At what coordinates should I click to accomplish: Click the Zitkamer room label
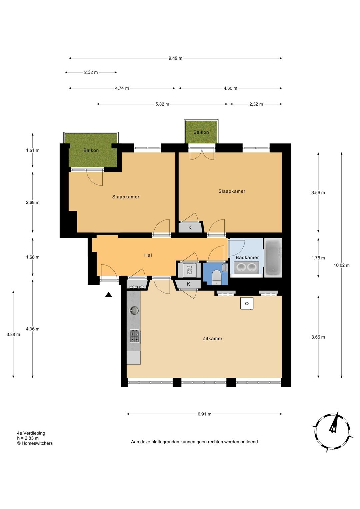[x=212, y=339]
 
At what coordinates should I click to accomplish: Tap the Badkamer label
[x=247, y=258]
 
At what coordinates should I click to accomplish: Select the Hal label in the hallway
[x=148, y=255]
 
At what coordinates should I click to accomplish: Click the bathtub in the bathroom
[x=273, y=258]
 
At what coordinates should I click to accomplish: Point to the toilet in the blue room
[x=216, y=278]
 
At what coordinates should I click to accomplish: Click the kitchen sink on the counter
[x=134, y=310]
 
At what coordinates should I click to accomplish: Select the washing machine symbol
[x=189, y=270]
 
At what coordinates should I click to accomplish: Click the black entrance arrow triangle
[x=109, y=295]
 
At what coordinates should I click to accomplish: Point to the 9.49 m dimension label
[x=175, y=58]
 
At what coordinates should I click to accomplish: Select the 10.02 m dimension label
[x=341, y=265]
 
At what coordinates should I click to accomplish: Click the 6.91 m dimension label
[x=204, y=414]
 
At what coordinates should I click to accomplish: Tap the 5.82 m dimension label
[x=162, y=104]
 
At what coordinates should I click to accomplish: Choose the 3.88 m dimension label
[x=13, y=335]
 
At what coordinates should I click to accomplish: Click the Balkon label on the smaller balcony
[x=201, y=132]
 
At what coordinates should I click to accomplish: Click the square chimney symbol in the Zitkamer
[x=247, y=303]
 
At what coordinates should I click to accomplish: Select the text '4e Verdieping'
[x=31, y=433]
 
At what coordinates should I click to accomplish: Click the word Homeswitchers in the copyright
[x=37, y=443]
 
